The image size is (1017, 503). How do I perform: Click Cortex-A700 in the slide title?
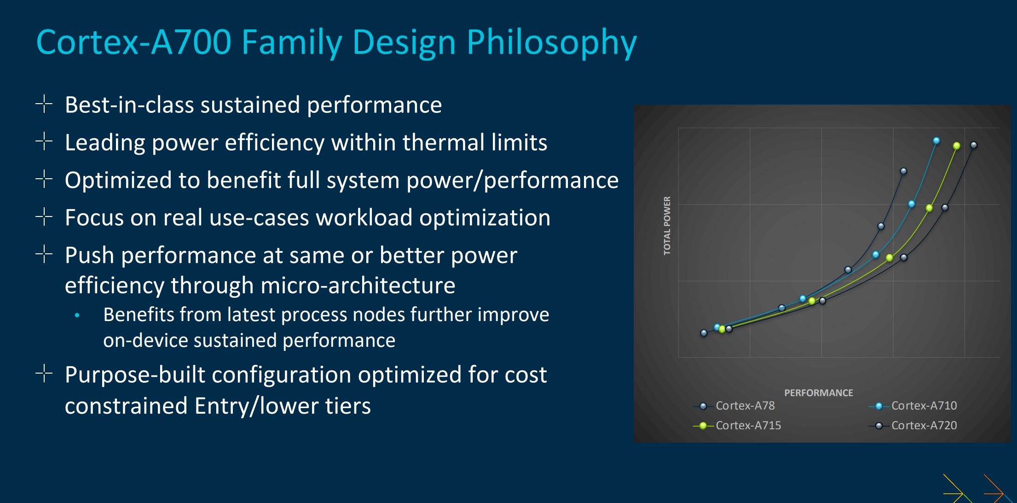pos(133,42)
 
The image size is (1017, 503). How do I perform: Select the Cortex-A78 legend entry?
pos(734,406)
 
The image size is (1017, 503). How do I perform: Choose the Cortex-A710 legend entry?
pos(913,406)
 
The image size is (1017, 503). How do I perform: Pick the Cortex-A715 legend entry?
pos(737,426)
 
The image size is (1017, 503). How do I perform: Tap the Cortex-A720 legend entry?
pos(913,426)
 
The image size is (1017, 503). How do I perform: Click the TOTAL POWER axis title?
pos(667,226)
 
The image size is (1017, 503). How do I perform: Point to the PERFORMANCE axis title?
pos(819,393)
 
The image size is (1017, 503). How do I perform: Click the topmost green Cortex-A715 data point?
pos(957,146)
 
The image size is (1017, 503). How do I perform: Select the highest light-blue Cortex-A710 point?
pos(936,140)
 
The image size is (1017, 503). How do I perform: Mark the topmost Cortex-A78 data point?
pos(903,171)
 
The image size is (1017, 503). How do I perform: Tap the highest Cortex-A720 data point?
pos(974,145)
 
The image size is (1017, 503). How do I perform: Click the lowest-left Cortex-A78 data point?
pos(704,333)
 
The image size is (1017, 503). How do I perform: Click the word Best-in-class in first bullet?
pos(129,105)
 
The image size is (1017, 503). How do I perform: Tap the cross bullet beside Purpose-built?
pos(44,374)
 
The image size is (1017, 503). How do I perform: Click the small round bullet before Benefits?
pos(77,316)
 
